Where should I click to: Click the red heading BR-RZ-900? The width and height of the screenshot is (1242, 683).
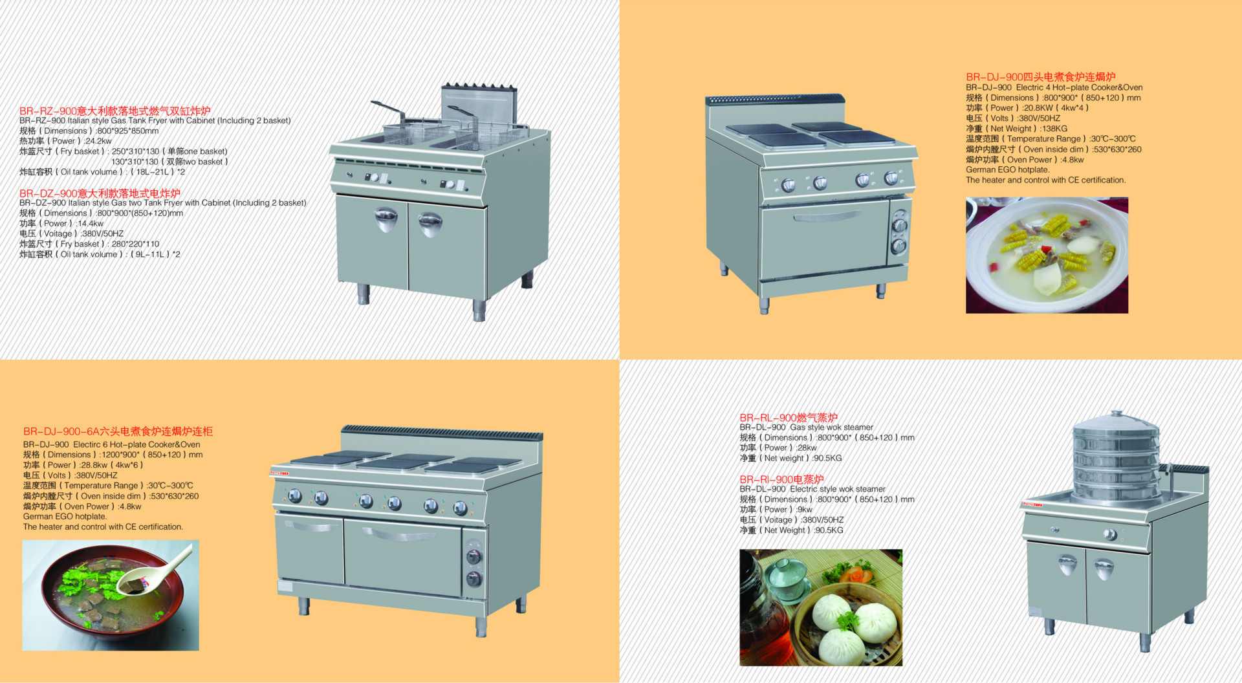115,111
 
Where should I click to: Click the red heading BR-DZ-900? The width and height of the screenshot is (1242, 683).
100,193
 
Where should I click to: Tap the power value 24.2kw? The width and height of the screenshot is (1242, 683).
98,141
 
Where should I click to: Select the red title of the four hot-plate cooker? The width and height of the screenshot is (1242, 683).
1041,76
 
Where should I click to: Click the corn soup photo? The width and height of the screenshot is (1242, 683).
1047,255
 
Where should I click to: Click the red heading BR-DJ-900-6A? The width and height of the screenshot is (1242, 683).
118,431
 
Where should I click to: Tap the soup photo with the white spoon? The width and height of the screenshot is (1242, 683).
111,595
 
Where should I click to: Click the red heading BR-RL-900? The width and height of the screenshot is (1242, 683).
789,417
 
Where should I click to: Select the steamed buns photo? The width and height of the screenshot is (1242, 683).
821,607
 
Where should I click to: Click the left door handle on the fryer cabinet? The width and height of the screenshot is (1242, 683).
386,219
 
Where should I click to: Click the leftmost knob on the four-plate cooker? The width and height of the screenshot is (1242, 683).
788,185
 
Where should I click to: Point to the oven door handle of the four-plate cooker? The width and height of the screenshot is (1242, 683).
826,216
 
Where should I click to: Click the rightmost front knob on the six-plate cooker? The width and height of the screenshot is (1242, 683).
460,508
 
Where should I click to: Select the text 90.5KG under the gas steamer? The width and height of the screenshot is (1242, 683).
829,458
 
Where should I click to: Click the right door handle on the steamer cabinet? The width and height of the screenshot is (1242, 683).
1104,569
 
